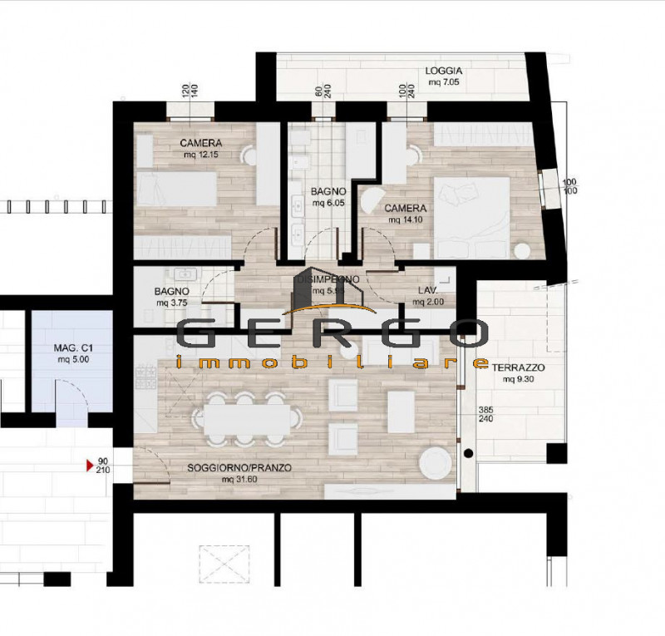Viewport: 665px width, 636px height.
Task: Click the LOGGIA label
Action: (x=444, y=71)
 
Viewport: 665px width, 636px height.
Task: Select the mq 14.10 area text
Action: (x=405, y=220)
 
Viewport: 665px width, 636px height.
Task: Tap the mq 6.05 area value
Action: (x=328, y=202)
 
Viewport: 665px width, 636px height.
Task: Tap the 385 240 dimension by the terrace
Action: (x=485, y=416)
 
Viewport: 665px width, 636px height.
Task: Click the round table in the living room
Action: (x=433, y=461)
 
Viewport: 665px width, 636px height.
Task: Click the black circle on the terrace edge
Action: (x=468, y=453)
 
